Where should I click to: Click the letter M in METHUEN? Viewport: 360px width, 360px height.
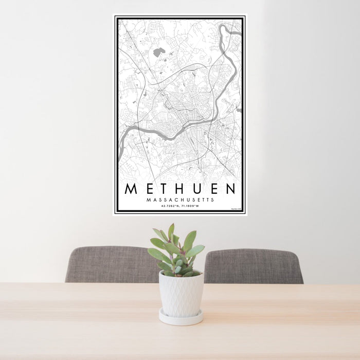(131, 189)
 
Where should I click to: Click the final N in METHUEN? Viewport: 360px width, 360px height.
(230, 189)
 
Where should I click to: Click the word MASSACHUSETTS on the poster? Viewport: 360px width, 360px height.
(180, 200)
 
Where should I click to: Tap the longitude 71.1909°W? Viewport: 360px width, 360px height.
(190, 206)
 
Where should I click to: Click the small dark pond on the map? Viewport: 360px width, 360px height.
(158, 52)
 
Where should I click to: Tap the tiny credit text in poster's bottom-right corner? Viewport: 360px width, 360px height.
(236, 209)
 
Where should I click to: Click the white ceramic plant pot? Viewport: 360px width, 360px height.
(181, 293)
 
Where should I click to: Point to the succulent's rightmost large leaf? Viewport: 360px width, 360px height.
(195, 250)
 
